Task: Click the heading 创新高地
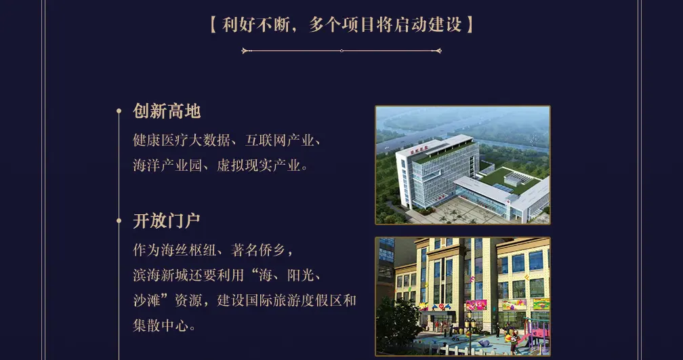tap(167, 111)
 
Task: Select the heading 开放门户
tap(167, 221)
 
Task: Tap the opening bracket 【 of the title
tap(213, 24)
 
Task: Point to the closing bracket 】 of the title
tap(470, 24)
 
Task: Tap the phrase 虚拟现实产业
tap(259, 165)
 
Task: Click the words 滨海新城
tap(161, 275)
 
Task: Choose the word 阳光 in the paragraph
tap(301, 275)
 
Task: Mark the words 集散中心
tap(161, 325)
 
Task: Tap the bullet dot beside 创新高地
tap(119, 111)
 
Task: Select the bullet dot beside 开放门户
tap(119, 221)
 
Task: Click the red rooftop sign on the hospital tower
tap(419, 149)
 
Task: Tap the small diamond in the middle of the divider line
tap(341, 51)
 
